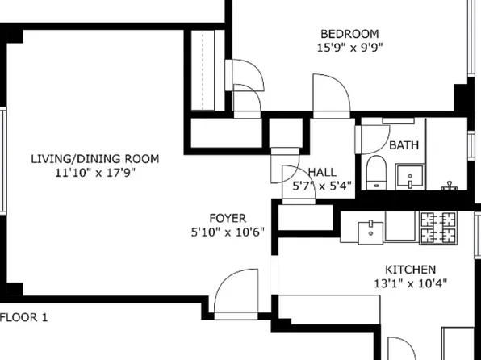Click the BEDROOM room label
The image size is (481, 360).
coord(349,34)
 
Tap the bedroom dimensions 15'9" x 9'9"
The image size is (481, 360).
coord(349,47)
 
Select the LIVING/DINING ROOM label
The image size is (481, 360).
coord(95,159)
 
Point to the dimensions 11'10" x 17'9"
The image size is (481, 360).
coord(95,173)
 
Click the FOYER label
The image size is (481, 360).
coord(228,219)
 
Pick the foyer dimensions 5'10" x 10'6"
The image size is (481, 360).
coord(228,232)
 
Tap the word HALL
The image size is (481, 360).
coord(323,173)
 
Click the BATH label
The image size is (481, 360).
coord(404,146)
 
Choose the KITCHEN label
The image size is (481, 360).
coord(410,270)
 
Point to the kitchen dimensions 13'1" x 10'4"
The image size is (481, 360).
coord(410,283)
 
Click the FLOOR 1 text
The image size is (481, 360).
coord(24,317)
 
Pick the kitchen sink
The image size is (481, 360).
coord(371,227)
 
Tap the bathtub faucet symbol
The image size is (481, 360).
coord(450,186)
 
